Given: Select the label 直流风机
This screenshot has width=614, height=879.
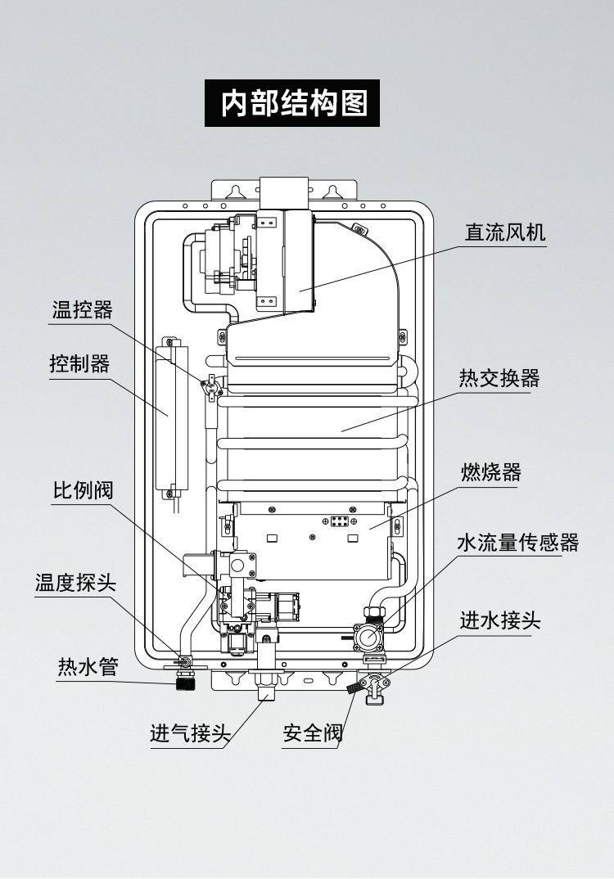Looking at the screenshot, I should [x=504, y=232].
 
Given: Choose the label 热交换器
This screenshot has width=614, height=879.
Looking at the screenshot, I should [x=499, y=379].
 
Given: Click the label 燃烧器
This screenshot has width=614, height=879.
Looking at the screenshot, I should [x=490, y=472].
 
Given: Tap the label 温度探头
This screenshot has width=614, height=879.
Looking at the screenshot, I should [x=75, y=584].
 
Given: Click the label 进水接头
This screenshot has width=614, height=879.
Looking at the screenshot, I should [x=499, y=620].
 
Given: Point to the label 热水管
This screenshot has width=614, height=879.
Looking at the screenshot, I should [x=88, y=667].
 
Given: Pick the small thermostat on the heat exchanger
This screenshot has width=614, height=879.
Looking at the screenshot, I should [x=212, y=385].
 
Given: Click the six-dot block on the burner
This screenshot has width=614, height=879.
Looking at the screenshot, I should [x=341, y=521].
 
